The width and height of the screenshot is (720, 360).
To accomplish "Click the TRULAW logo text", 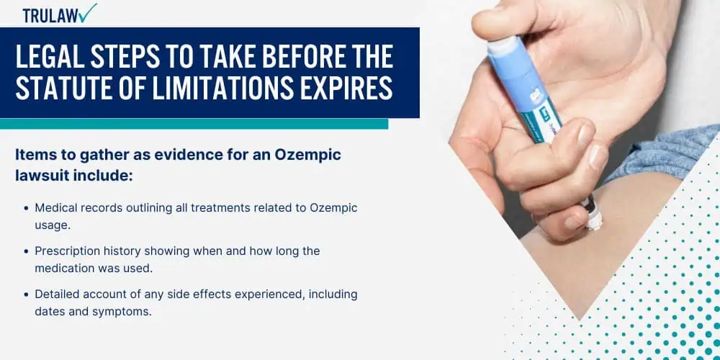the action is pyautogui.click(x=50, y=15).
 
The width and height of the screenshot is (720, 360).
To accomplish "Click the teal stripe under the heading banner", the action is pyautogui.click(x=194, y=124).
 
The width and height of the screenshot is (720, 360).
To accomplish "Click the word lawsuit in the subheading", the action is pyautogui.click(x=37, y=175).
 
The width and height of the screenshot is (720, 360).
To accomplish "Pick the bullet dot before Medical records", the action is pyautogui.click(x=26, y=209).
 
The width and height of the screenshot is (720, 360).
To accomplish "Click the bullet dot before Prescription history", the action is pyautogui.click(x=26, y=251).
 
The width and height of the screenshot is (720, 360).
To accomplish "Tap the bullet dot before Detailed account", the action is pyautogui.click(x=26, y=294).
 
